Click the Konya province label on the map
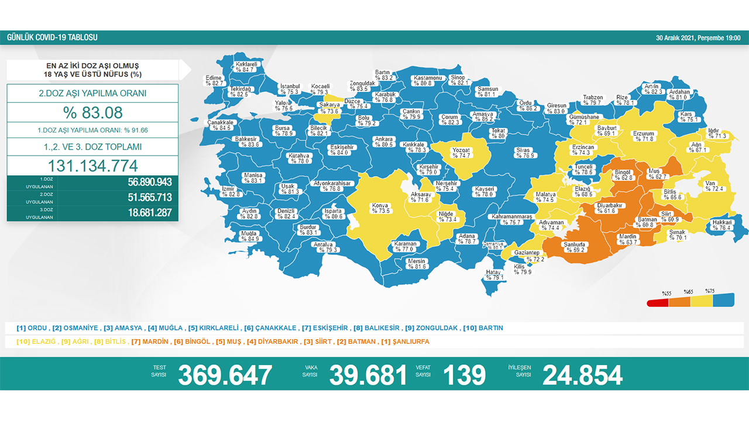(380, 208)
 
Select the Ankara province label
(384, 142)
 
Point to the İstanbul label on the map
(290, 89)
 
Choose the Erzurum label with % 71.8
(644, 136)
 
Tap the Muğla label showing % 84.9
(249, 236)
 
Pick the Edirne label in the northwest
(215, 81)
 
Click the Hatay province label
(495, 275)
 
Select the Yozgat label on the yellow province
(462, 153)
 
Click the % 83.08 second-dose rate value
(92, 113)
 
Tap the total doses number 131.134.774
(92, 165)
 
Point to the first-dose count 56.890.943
(149, 182)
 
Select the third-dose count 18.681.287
(149, 213)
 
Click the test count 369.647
(225, 375)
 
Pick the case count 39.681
(367, 375)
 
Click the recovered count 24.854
(582, 375)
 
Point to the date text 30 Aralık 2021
(676, 38)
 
